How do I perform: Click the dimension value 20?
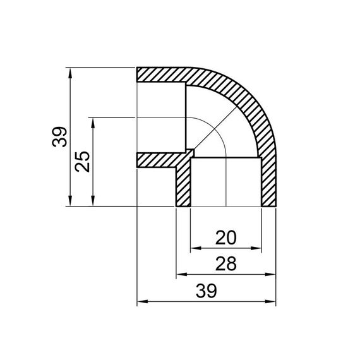point(225,238)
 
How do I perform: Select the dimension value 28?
point(225,264)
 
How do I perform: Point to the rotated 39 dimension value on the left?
point(59,136)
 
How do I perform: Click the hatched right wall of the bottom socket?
point(268,183)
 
